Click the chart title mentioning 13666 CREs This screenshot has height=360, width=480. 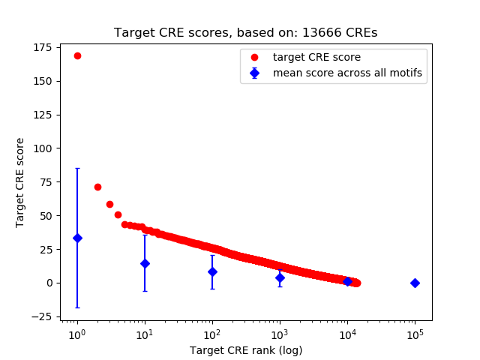coord(245,33)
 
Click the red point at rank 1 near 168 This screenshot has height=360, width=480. coord(77,55)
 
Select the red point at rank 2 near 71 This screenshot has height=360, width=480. coord(97,187)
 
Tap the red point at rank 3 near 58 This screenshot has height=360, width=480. coord(109,204)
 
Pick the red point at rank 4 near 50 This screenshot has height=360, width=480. coord(118,214)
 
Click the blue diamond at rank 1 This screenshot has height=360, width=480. coord(77,238)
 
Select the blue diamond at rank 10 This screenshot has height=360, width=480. coord(145,263)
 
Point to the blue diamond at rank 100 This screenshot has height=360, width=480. coord(212,271)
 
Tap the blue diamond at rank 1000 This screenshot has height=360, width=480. coord(280,277)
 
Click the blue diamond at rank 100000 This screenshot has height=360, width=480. coord(415,283)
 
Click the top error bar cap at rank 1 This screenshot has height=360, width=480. coord(77,169)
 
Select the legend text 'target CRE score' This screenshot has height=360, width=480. coord(316,57)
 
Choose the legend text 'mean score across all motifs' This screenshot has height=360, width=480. coord(347,73)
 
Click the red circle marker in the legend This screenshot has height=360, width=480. coord(255,57)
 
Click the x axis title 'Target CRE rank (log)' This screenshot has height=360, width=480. coord(246,350)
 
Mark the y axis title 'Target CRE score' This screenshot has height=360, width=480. coord(20,182)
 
